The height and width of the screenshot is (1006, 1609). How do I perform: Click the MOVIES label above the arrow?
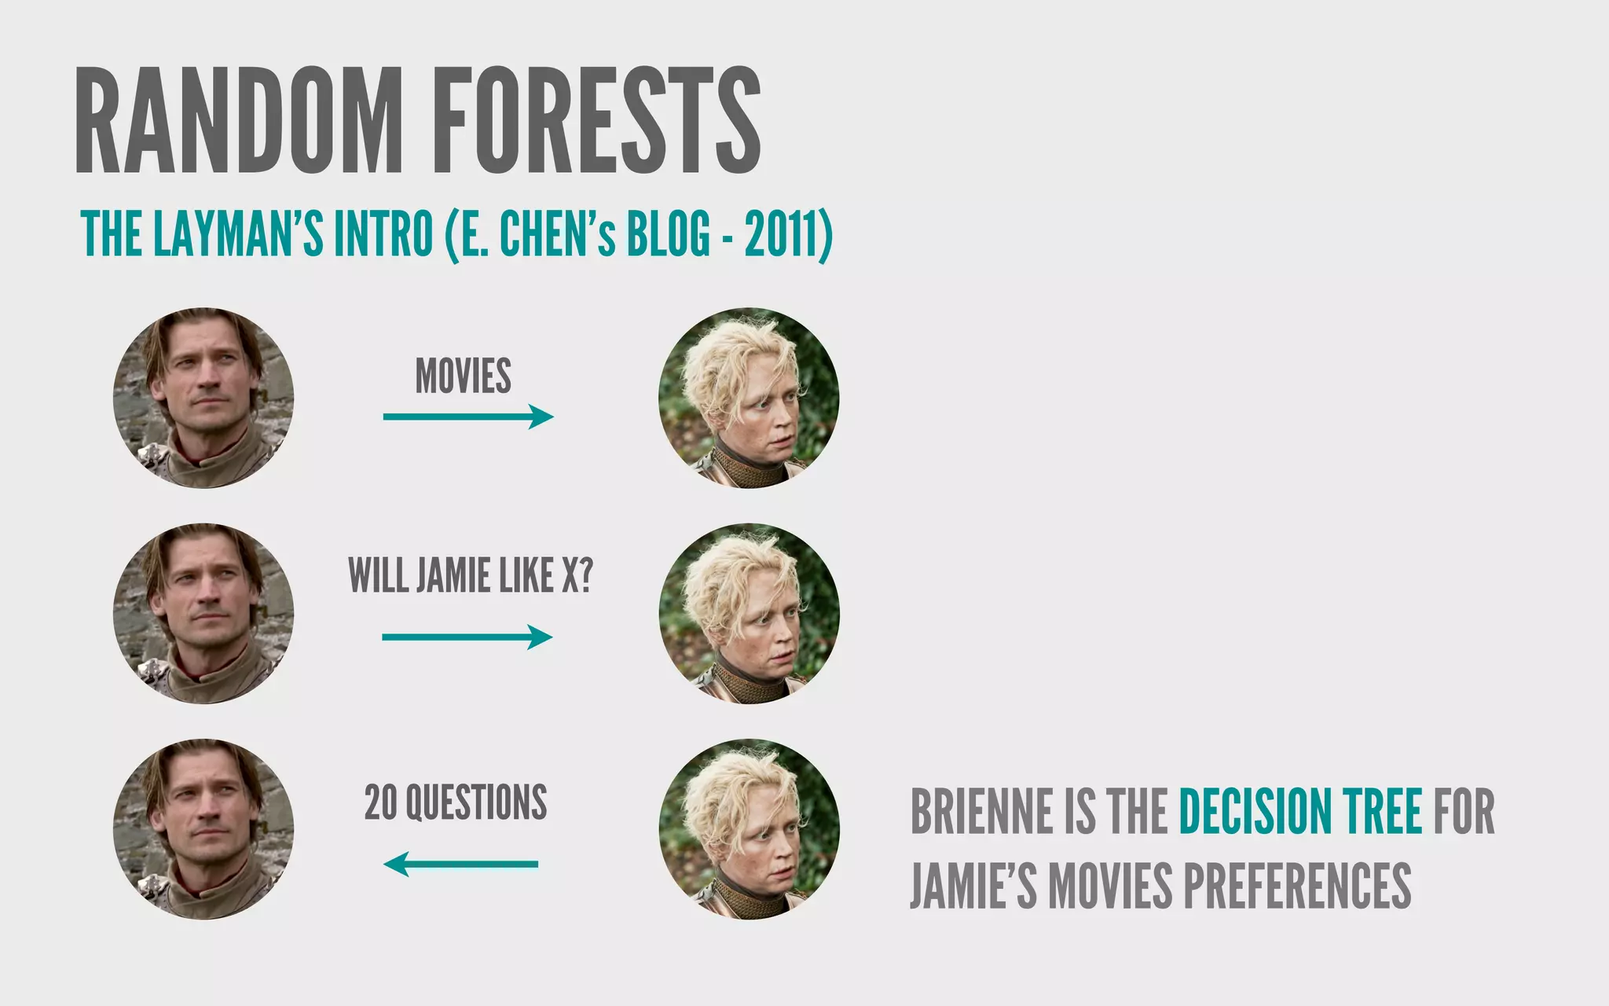click(463, 376)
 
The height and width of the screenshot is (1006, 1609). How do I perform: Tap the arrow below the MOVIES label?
click(468, 417)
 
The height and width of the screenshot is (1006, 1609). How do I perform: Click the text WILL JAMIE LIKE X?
click(470, 575)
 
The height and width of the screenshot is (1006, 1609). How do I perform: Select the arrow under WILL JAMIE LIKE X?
click(467, 637)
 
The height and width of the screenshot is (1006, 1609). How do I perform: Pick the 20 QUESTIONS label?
click(456, 802)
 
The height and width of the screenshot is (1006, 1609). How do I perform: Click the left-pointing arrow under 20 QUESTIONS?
click(461, 865)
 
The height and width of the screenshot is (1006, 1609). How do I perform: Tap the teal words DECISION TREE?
click(1300, 811)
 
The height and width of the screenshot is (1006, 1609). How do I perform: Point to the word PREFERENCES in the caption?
click(1296, 885)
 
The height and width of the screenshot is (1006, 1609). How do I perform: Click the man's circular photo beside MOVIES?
click(203, 398)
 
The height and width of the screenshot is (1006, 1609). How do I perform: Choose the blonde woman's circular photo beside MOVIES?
click(749, 398)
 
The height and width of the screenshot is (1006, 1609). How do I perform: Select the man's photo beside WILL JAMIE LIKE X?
click(203, 614)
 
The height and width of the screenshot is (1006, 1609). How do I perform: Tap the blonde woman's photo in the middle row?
click(749, 614)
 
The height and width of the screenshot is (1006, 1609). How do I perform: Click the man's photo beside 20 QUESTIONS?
click(203, 829)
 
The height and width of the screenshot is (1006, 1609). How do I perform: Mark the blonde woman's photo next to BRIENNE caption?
click(749, 829)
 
